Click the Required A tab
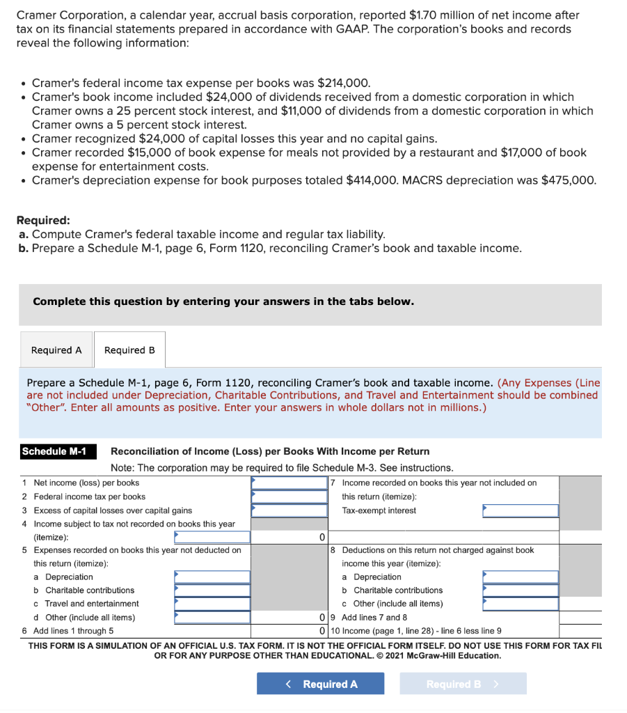point(56,350)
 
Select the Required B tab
point(129,350)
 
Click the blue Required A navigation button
point(320,684)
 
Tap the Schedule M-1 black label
point(54,451)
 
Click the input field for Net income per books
point(289,483)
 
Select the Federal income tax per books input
point(289,496)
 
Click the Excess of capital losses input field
point(289,510)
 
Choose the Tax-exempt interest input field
point(521,510)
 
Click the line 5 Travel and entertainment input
point(212,604)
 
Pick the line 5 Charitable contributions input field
point(212,590)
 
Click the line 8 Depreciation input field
point(521,577)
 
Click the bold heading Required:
point(42,220)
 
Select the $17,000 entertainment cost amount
point(499,152)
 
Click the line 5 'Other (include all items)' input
point(212,617)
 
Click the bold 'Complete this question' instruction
point(223,301)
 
